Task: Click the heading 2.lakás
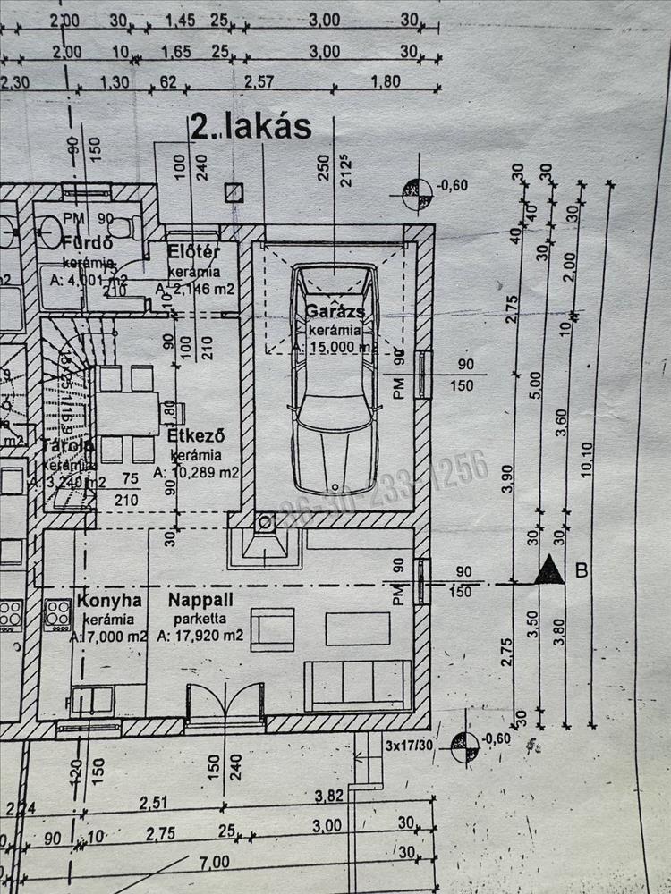(251, 127)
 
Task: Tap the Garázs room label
(335, 312)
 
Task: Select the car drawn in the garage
(335, 380)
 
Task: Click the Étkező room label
(195, 437)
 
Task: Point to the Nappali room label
(200, 600)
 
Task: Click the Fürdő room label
(87, 243)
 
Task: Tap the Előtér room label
(193, 252)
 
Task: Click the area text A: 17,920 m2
(200, 637)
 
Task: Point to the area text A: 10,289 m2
(196, 473)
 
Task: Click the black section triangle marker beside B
(549, 570)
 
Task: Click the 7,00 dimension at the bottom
(215, 862)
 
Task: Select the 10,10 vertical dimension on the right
(587, 460)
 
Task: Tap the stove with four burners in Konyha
(58, 614)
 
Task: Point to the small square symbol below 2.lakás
(234, 191)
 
